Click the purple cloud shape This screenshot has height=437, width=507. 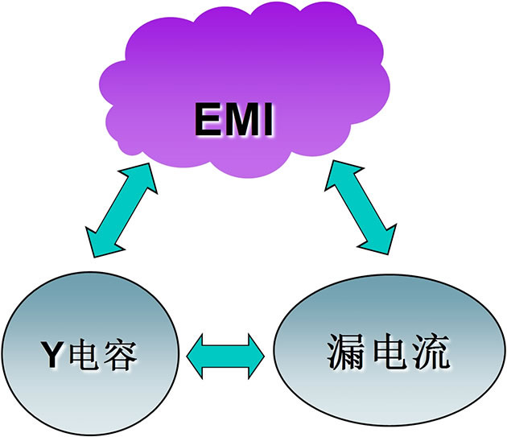coord(241,64)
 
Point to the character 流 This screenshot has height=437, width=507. coord(429,351)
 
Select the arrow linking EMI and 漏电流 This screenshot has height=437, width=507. coord(361,206)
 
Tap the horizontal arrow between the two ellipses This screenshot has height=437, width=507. coord(225,352)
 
